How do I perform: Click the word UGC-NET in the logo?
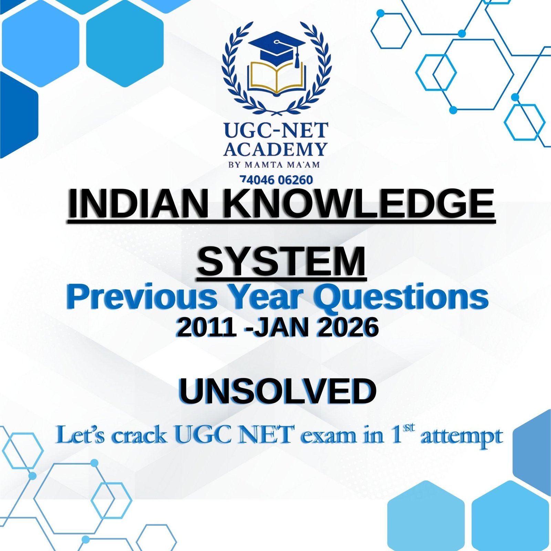276,131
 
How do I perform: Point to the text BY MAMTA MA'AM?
274,165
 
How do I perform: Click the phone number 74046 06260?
276,180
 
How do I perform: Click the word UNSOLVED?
277,392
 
